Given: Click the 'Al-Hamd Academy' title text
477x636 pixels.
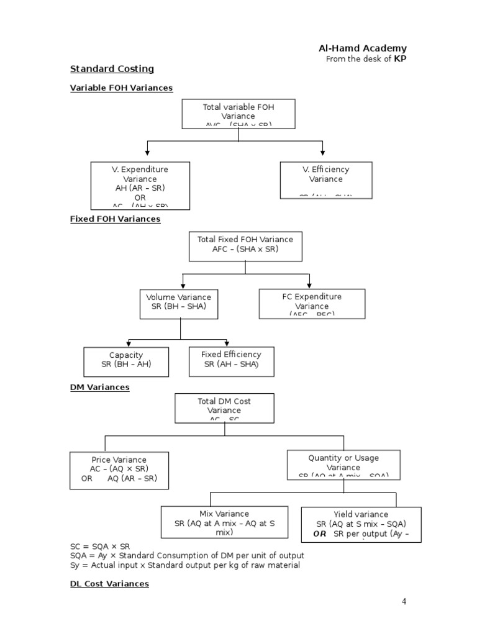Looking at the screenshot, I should coord(363,48).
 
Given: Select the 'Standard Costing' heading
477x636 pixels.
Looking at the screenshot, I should coord(112,69).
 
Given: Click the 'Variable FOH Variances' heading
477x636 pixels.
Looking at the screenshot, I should coord(121,88).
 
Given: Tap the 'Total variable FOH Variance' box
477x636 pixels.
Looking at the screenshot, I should coord(238,114).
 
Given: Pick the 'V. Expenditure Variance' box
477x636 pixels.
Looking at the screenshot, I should coord(140,185).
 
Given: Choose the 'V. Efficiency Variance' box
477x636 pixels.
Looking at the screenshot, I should coord(326,180).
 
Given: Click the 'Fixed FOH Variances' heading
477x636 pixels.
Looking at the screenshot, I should coord(115,219).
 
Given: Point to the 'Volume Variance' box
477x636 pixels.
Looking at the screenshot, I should coord(179,302).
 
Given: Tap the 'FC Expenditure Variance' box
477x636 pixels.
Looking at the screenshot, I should coord(312,304).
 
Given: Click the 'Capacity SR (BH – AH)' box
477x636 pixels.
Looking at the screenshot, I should coord(126,361).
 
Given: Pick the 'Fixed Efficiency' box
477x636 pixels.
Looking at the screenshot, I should coord(231,361).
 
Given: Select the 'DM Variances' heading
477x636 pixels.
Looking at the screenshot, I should coord(99,388).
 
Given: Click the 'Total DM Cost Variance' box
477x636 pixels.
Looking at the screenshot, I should coord(224,407).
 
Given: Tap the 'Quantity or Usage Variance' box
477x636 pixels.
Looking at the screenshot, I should coord(343,465).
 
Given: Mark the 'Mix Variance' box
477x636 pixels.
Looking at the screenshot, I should coord(224,522).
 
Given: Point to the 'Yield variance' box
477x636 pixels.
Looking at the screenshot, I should coord(361,524).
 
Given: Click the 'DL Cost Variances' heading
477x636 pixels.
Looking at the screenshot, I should coord(109,584).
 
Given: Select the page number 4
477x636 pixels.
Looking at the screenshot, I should coord(404,601).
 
